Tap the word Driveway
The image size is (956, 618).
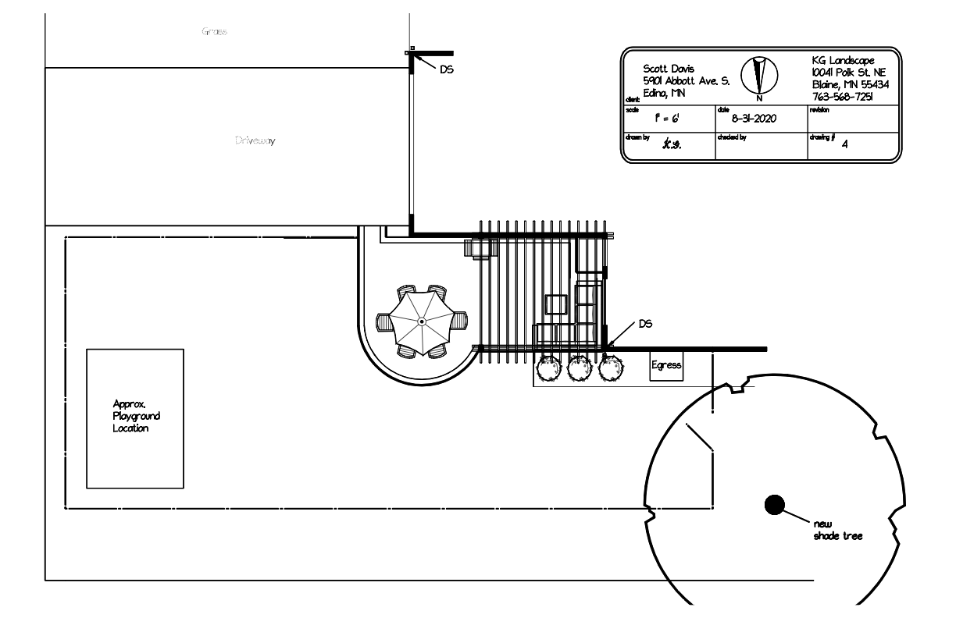tap(256, 141)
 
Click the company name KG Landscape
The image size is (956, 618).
tap(844, 61)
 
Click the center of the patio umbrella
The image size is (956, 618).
tap(421, 321)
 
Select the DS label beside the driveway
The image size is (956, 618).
tap(447, 69)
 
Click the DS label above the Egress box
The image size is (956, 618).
tap(645, 323)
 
